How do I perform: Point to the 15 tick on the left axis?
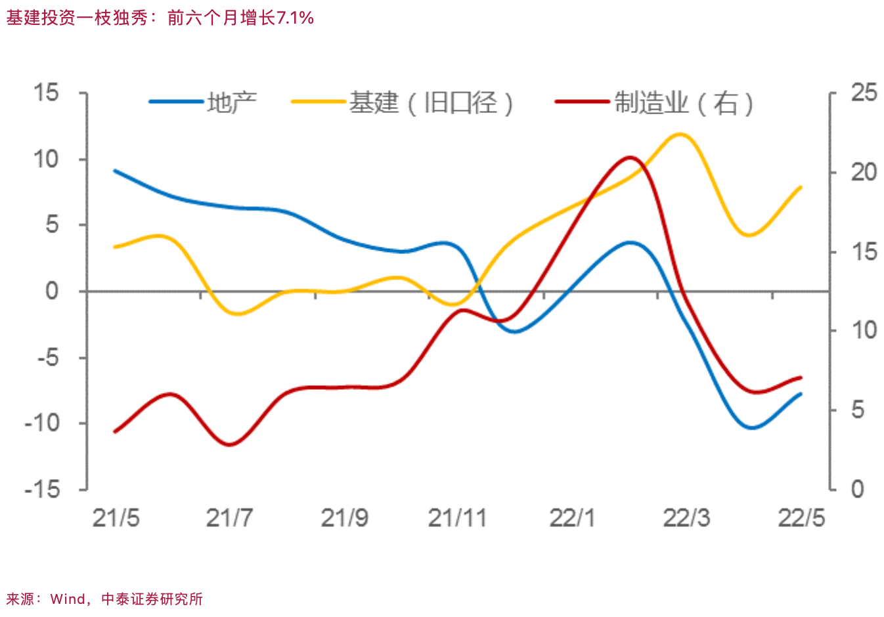point(47,93)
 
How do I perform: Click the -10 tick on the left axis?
point(42,423)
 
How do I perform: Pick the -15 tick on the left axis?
point(42,490)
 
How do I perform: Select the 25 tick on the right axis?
point(864,93)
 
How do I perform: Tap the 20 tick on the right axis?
point(864,172)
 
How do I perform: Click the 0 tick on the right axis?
point(857,490)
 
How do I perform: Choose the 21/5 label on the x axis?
point(116,519)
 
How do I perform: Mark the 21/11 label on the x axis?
point(457,519)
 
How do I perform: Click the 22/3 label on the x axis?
point(686,519)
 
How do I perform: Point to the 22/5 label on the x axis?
point(801,519)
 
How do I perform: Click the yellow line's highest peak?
point(679,134)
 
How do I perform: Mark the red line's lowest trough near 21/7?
point(230,444)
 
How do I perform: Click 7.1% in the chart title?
point(295,18)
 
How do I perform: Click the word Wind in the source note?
point(68,599)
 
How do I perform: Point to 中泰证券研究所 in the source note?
point(152,599)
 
